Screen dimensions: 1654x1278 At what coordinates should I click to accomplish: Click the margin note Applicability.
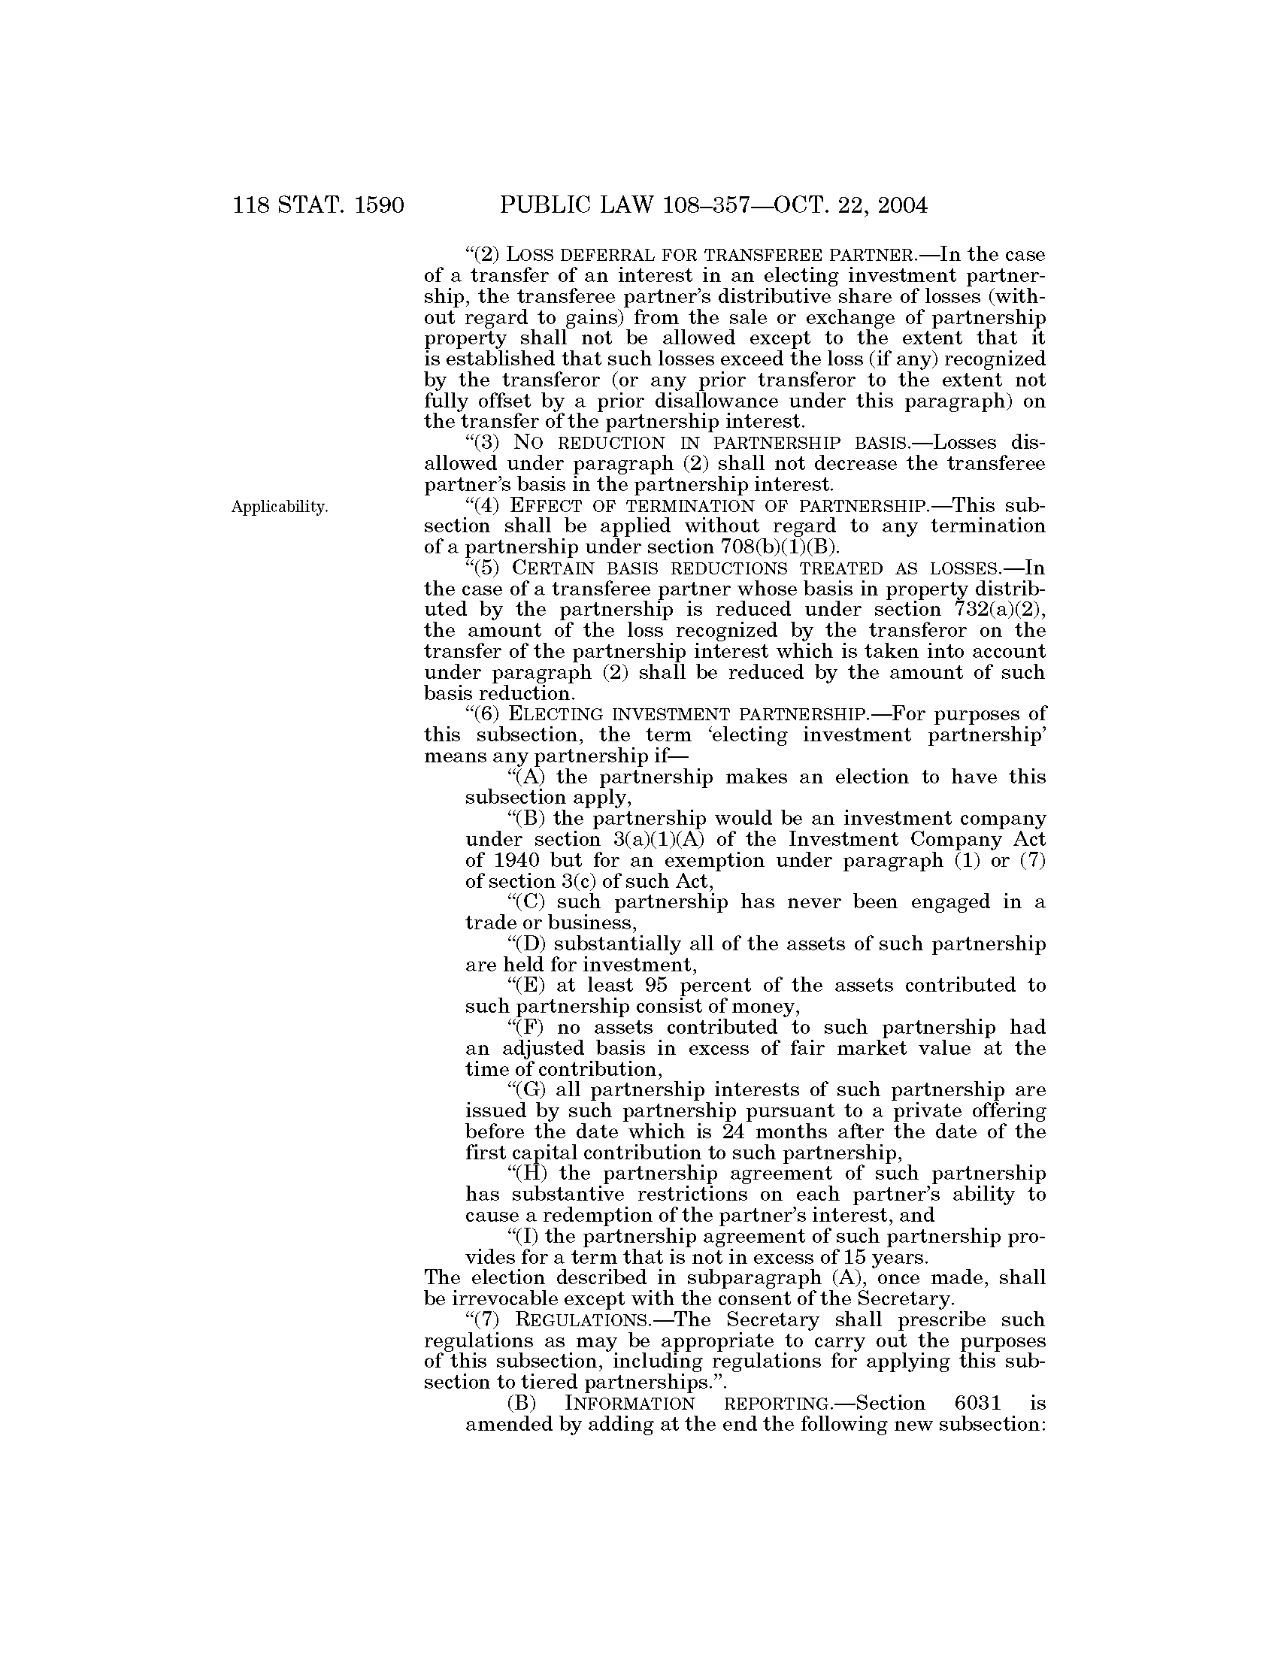tap(280, 507)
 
